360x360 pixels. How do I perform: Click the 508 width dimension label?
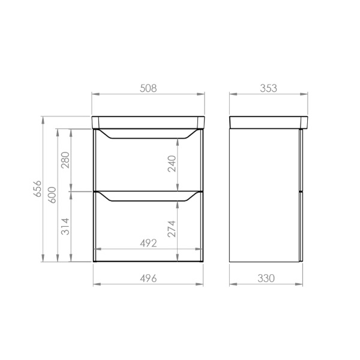(x=148, y=88)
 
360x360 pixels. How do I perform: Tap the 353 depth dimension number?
(x=268, y=88)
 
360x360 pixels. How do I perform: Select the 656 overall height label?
(x=37, y=188)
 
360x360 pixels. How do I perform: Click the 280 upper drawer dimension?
(x=65, y=160)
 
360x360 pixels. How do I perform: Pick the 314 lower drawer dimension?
(x=65, y=226)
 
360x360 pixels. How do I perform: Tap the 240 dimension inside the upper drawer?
(x=172, y=164)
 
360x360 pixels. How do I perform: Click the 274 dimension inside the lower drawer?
(x=172, y=229)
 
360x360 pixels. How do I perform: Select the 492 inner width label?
(x=148, y=243)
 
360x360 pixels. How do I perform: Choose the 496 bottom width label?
(x=148, y=278)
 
